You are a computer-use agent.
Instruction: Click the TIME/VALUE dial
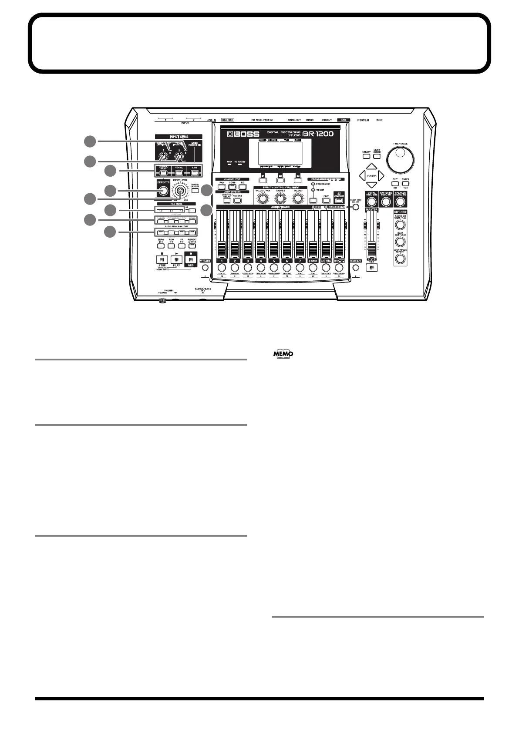399,160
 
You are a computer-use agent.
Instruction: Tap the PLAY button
176,259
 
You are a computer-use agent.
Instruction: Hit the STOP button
162,259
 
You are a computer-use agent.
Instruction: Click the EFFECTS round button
163,191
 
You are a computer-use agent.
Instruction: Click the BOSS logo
240,134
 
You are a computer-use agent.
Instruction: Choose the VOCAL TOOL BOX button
371,202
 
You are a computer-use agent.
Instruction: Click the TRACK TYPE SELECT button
356,207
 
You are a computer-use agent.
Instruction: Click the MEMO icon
283,354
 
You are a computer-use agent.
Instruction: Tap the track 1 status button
222,267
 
